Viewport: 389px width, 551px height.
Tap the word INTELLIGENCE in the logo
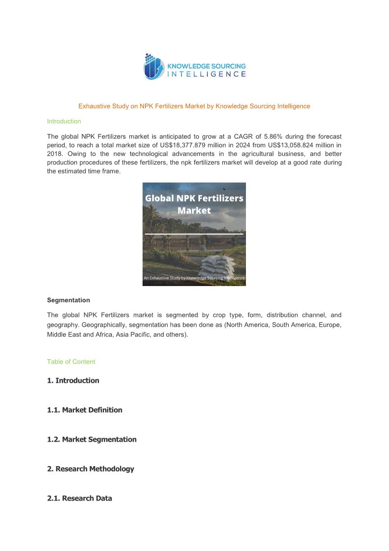(x=207, y=74)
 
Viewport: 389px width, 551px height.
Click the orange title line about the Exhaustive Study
(x=194, y=106)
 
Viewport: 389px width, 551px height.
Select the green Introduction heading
(x=64, y=121)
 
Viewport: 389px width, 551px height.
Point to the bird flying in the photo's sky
(x=224, y=189)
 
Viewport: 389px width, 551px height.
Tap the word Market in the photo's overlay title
(x=194, y=210)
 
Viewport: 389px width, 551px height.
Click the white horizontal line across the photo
(x=194, y=235)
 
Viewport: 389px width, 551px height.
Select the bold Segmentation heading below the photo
(x=69, y=300)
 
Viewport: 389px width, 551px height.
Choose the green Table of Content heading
(x=71, y=362)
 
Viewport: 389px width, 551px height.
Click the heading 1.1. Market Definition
(x=85, y=410)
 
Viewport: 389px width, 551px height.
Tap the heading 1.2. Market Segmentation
(x=92, y=439)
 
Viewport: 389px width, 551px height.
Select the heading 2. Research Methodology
(x=90, y=469)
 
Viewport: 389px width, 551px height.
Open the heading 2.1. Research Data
(x=79, y=498)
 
